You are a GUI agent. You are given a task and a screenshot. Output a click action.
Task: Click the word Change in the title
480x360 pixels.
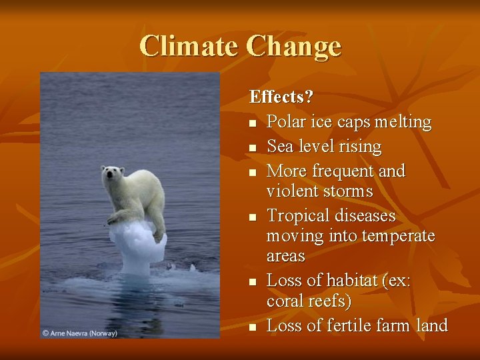(293, 47)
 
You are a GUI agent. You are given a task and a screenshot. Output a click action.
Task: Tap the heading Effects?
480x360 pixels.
(281, 97)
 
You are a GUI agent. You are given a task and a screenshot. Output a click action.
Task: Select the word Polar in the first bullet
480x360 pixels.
(286, 122)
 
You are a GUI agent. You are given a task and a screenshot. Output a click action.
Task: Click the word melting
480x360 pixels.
(403, 122)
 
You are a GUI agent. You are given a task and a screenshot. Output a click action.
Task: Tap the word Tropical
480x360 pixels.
(295, 216)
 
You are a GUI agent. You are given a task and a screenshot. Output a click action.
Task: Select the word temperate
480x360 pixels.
(398, 236)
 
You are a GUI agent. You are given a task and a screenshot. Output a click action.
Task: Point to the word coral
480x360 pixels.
(284, 301)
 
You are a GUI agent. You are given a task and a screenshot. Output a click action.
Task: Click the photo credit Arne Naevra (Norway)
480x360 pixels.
(79, 333)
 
